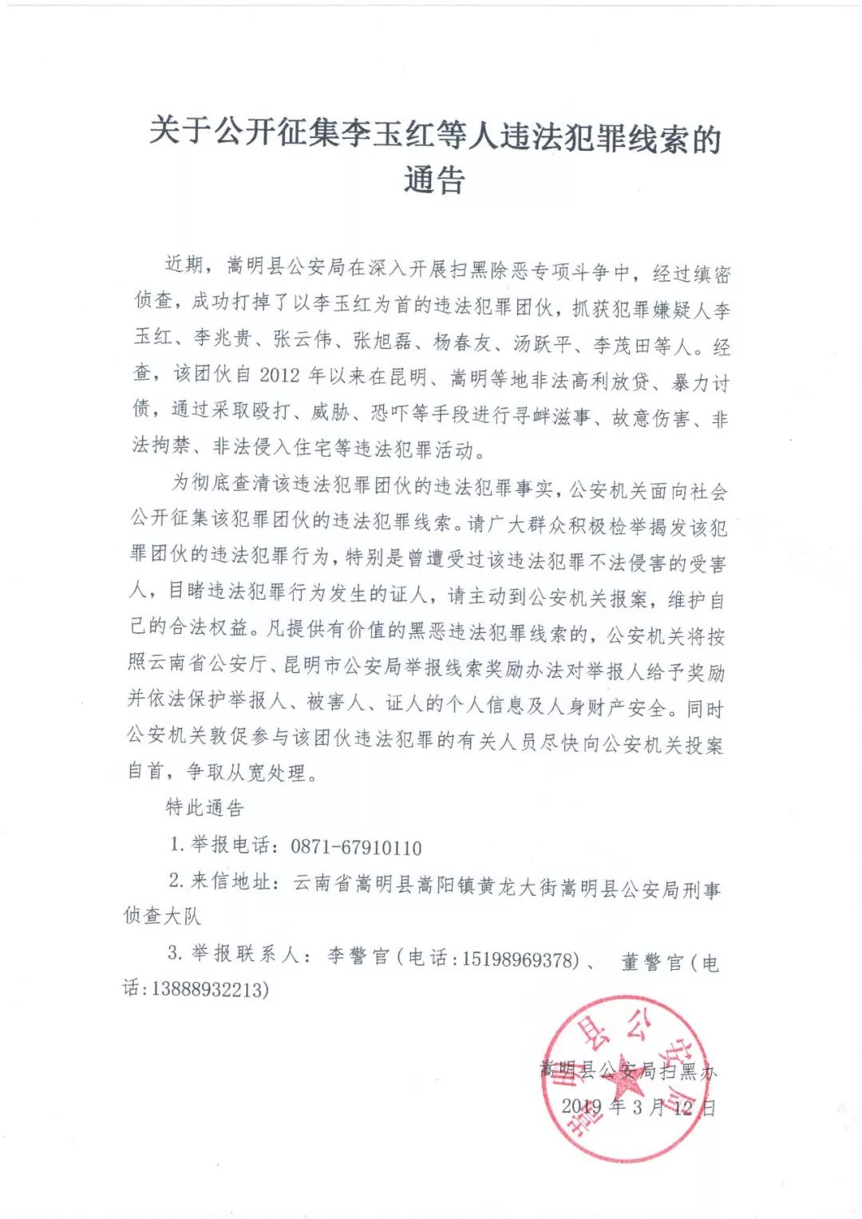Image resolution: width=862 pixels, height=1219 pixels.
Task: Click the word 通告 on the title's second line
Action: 433,180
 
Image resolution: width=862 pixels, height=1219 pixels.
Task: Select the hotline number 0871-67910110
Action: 356,848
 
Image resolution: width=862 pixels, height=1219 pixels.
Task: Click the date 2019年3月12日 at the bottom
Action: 638,1106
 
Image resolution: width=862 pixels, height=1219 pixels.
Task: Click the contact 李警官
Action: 358,956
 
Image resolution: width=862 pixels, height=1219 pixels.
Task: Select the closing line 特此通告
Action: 204,808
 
